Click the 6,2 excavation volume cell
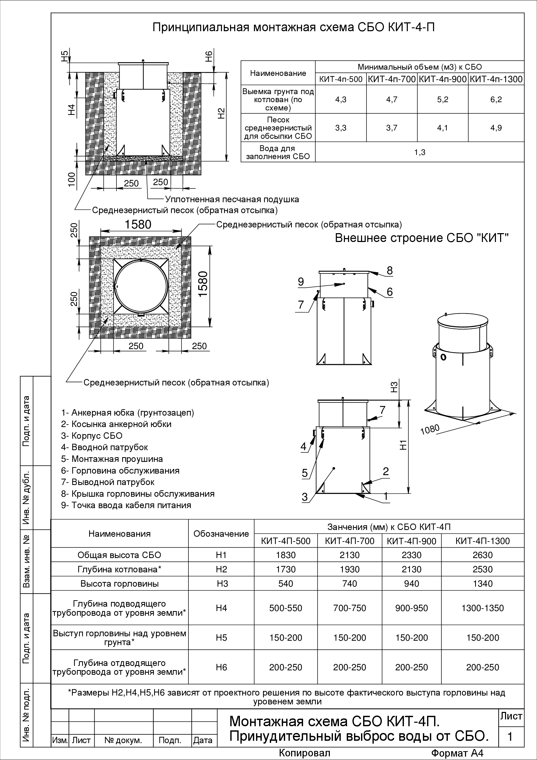[496, 99]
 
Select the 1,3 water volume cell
[420, 152]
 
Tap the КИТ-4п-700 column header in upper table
[392, 79]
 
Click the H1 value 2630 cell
[482, 555]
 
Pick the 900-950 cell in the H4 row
[411, 608]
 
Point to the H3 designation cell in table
[221, 583]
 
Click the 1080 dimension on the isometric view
[430, 430]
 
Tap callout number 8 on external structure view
[390, 271]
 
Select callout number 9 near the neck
[301, 282]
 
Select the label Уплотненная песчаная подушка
[232, 200]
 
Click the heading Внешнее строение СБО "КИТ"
[421, 238]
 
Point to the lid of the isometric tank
[462, 321]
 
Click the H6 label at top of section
[208, 56]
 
